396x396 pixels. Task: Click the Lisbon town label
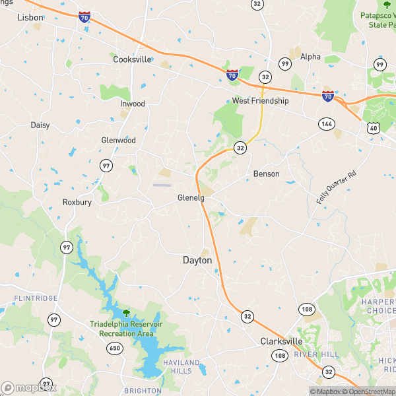[x=30, y=17]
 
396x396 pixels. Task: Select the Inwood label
[x=133, y=104]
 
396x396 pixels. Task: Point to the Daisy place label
[x=40, y=125]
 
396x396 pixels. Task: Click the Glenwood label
[x=118, y=141]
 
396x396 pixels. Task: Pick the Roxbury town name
[x=77, y=202]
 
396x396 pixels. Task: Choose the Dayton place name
[x=197, y=261]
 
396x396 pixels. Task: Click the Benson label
[x=266, y=174]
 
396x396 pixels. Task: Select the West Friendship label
[x=260, y=101]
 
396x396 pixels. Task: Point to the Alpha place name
[x=310, y=57]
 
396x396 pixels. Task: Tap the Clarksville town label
[x=281, y=341]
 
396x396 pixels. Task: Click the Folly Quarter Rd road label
[x=337, y=187]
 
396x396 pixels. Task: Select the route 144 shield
[x=326, y=123]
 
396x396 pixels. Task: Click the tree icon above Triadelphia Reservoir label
[x=125, y=312]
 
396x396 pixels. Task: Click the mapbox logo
[x=29, y=387]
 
